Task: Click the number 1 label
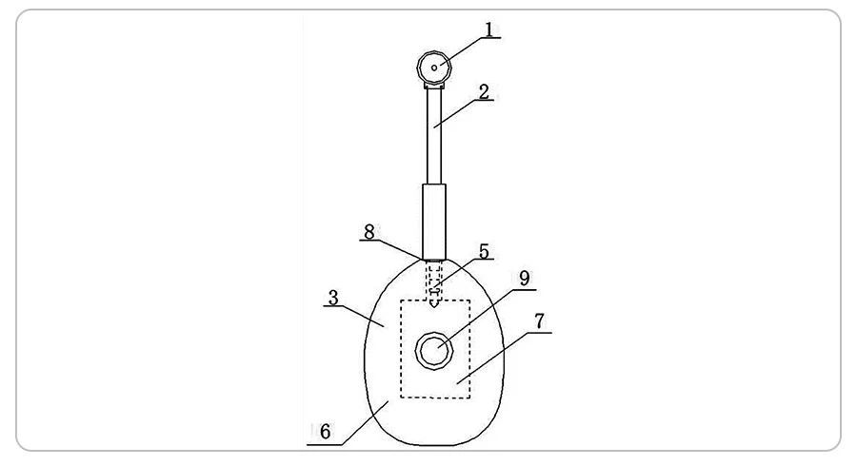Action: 489,29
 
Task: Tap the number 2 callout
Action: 484,91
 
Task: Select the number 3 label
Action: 332,298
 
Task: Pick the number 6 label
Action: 325,432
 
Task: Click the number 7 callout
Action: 539,321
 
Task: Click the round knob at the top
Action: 434,68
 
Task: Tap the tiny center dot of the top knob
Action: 434,68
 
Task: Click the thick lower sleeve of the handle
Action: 434,221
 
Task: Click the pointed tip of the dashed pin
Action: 434,307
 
